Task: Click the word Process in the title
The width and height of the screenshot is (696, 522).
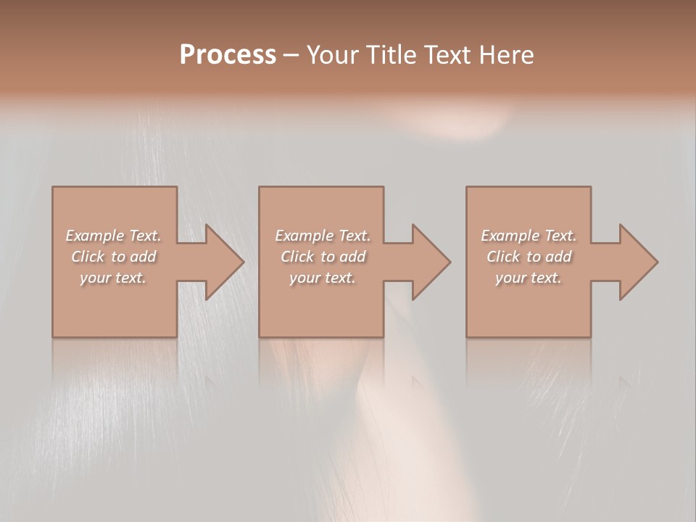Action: coord(228,55)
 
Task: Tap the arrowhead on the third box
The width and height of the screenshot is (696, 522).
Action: coord(637,262)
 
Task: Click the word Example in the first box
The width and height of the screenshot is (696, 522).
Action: coord(94,236)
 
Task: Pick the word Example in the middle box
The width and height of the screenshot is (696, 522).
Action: coord(302,236)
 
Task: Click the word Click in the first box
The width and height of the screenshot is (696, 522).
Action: coord(88,257)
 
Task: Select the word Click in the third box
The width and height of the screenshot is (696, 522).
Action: coord(503,257)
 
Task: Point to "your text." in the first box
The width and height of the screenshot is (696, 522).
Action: coord(113,278)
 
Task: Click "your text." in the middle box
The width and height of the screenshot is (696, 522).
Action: coord(322,278)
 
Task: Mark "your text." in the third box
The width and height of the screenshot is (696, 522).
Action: coord(529,278)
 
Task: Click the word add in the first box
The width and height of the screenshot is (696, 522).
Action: coord(143,257)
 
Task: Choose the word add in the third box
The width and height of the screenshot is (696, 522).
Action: coord(558,257)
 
